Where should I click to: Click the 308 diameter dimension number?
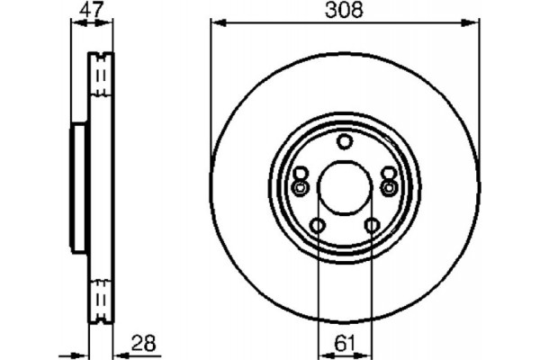pyautogui.click(x=345, y=12)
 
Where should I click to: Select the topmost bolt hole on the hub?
pyautogui.click(x=346, y=141)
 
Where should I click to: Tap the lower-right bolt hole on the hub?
pyautogui.click(x=372, y=225)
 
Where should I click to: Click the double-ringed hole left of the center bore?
pyautogui.click(x=301, y=186)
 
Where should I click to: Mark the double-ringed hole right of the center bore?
pyautogui.click(x=389, y=186)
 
